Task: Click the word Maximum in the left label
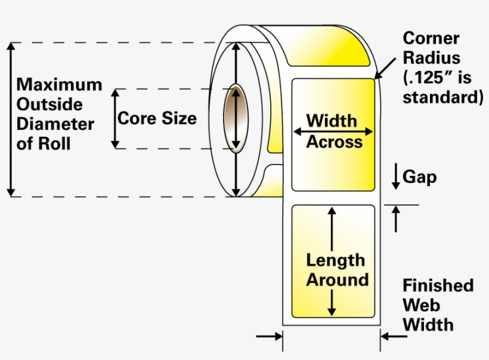59,85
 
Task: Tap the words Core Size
157,118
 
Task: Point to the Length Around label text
337,269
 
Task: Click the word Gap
420,177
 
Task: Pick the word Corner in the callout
431,39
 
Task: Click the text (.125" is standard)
442,88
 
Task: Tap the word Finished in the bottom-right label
438,285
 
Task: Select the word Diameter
55,124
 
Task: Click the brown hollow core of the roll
236,118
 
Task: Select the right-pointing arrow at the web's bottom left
269,337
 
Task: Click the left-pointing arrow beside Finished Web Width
394,337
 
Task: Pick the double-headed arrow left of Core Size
116,118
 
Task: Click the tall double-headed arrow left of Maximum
11,119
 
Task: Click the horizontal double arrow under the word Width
333,131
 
